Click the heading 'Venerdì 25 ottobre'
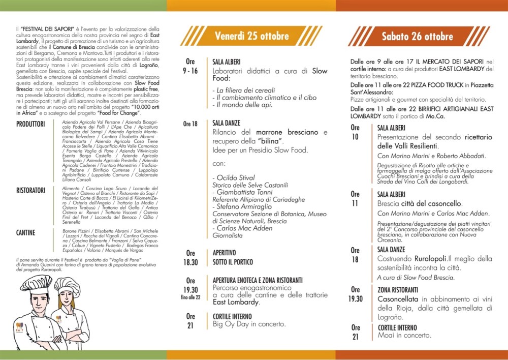click(251, 36)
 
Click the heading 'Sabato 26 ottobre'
click(417, 37)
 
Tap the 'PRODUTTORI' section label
click(30, 124)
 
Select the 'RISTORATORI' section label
click(32, 190)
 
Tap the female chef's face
click(67, 297)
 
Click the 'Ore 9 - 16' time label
click(190, 66)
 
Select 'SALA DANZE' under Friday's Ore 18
click(226, 123)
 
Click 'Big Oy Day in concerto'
click(249, 324)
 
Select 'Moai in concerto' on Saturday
click(404, 335)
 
